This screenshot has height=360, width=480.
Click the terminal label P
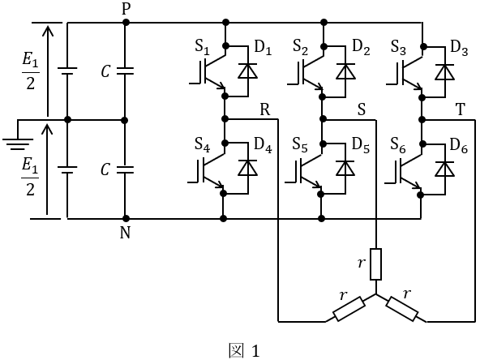tap(126, 9)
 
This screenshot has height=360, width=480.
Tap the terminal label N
tap(125, 233)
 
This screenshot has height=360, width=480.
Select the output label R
tap(265, 109)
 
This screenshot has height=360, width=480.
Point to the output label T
tap(461, 109)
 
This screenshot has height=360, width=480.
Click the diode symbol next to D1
tap(247, 71)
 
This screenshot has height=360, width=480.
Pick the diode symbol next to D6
tap(444, 169)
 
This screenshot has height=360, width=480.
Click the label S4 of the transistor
tap(203, 144)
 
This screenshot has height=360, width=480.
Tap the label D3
tap(459, 49)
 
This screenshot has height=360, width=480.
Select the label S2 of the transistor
tap(300, 48)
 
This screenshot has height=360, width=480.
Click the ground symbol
tap(18, 144)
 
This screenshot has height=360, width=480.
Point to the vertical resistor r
tap(376, 264)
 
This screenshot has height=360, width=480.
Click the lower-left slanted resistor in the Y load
tap(349, 309)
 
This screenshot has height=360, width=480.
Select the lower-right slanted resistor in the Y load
tap(402, 309)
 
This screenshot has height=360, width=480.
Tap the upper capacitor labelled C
tap(125, 71)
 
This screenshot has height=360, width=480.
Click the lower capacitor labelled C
tap(125, 170)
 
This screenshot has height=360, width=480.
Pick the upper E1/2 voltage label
tap(31, 72)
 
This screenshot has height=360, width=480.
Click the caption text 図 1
tap(244, 350)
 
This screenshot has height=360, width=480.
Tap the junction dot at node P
tap(126, 23)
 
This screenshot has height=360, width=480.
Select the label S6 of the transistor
tap(398, 144)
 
